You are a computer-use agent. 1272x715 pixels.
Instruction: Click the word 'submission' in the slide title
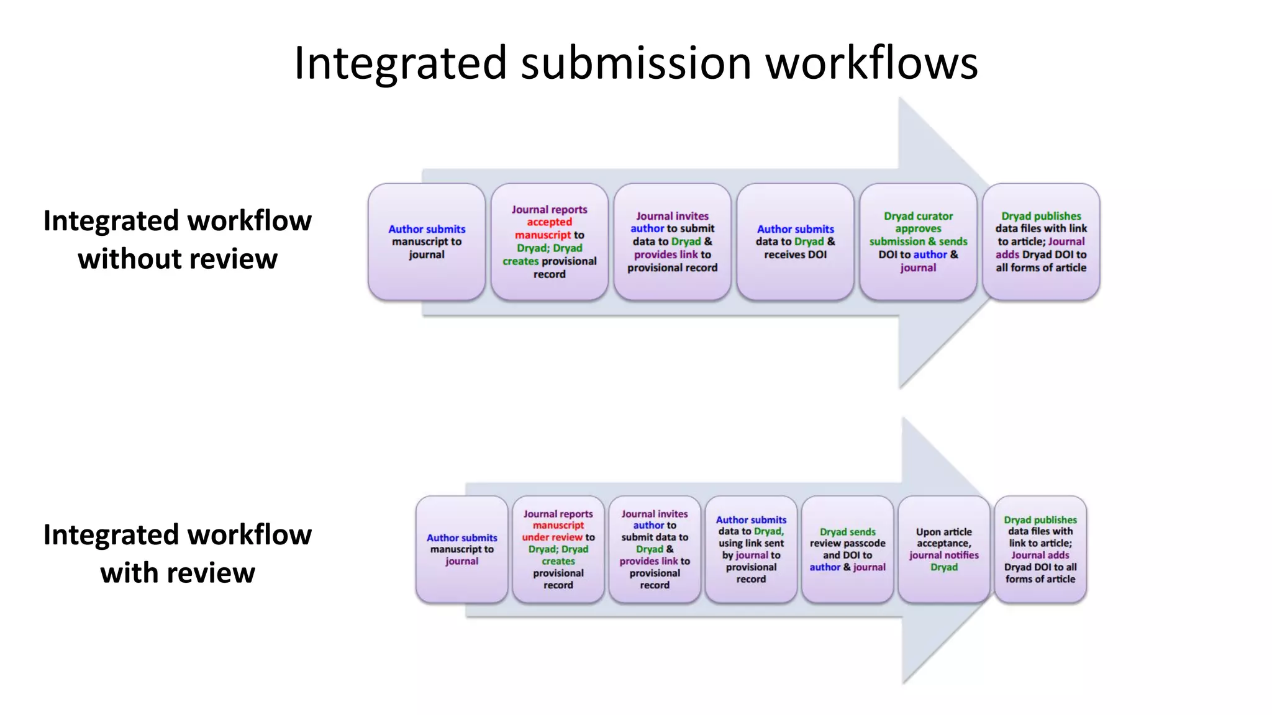click(636, 63)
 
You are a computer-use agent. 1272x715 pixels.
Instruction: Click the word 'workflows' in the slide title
click(871, 63)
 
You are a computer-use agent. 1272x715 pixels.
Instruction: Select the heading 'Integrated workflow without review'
click(178, 240)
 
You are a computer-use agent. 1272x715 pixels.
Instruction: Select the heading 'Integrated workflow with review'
click(178, 554)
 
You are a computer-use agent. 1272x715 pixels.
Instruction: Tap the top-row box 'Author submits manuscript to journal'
click(427, 242)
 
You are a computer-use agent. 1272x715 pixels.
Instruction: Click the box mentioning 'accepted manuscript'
click(550, 242)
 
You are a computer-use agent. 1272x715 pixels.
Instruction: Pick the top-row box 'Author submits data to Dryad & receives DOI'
click(795, 242)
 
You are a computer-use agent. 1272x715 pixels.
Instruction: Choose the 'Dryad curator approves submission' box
click(918, 242)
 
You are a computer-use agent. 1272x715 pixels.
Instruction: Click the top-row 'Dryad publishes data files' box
click(1041, 242)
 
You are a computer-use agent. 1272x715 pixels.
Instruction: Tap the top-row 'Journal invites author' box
click(672, 242)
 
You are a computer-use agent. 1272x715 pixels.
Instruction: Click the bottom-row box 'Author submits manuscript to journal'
click(461, 549)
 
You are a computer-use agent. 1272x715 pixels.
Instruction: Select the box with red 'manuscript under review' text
click(558, 549)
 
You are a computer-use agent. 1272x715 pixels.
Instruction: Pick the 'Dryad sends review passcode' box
click(847, 549)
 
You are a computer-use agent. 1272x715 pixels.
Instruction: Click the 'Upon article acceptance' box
click(943, 549)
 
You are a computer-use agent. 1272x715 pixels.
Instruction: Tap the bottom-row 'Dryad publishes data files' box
click(1040, 549)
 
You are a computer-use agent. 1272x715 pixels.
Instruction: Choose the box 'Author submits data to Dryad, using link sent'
click(751, 549)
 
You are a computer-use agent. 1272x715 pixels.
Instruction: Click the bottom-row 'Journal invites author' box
click(655, 549)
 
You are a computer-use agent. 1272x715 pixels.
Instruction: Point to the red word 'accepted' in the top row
click(549, 222)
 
